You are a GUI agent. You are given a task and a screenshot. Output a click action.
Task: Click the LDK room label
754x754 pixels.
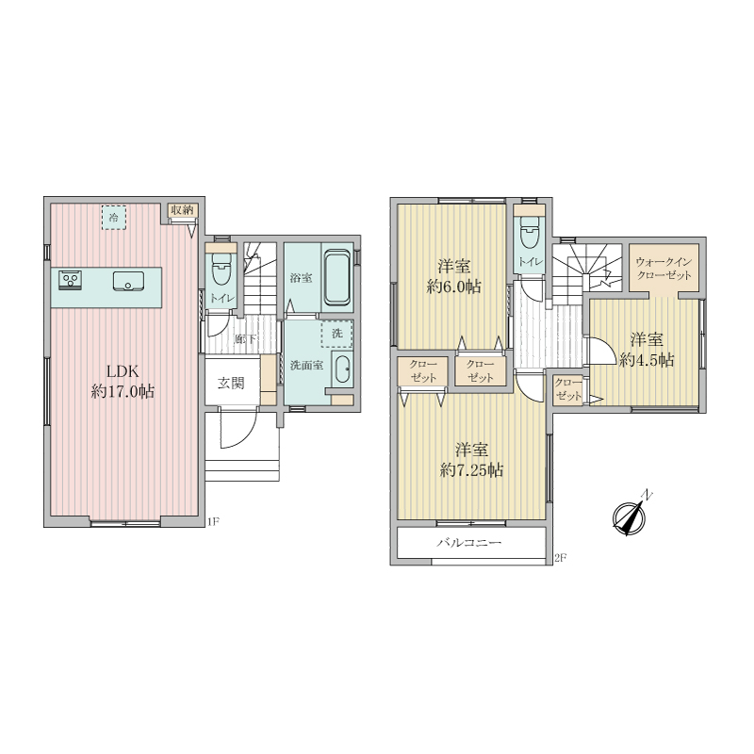tap(123, 371)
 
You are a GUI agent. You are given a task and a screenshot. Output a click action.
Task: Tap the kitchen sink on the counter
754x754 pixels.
tap(128, 281)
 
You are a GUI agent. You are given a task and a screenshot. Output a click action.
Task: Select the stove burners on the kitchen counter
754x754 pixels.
tap(70, 280)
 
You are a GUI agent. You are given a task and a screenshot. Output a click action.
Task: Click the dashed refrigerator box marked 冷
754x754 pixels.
tap(113, 218)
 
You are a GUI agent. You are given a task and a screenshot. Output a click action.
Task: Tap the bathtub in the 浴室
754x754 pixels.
tap(336, 277)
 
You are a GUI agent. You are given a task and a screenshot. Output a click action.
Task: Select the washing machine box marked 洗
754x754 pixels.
tap(337, 334)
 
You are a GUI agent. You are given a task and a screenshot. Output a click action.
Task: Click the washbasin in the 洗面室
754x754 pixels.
tap(342, 369)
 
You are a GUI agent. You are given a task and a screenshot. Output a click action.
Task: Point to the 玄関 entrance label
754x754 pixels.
tap(231, 384)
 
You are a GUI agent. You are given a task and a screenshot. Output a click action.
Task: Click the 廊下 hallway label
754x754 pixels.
tap(246, 339)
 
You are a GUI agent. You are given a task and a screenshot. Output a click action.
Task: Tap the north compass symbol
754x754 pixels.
tap(630, 516)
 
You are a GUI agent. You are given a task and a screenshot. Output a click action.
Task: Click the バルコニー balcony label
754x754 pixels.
tap(468, 543)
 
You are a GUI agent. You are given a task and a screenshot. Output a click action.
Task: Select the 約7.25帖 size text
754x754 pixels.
tap(472, 469)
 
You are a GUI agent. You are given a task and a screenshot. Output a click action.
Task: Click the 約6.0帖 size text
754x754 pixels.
tap(453, 287)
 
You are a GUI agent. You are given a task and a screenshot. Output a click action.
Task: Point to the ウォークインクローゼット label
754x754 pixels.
tap(664, 269)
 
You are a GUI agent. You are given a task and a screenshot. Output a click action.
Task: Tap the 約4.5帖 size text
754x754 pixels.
tap(647, 360)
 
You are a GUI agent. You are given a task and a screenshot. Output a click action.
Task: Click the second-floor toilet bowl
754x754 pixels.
tap(529, 232)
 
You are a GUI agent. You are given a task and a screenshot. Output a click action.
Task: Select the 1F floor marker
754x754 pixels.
tap(213, 521)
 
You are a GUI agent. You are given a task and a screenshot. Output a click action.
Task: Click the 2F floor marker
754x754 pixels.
tap(560, 558)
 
